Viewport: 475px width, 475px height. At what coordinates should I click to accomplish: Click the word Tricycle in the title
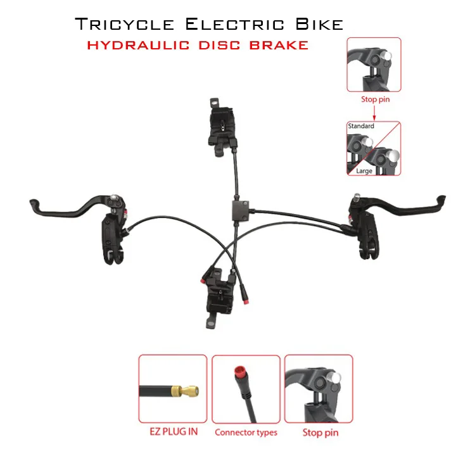tap(124, 25)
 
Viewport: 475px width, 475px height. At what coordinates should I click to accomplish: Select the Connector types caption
tap(246, 433)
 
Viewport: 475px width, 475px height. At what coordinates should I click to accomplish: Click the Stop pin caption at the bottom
tap(320, 433)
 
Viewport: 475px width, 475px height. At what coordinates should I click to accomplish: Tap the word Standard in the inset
tap(361, 127)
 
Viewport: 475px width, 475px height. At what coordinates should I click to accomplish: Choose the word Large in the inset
tap(364, 171)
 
